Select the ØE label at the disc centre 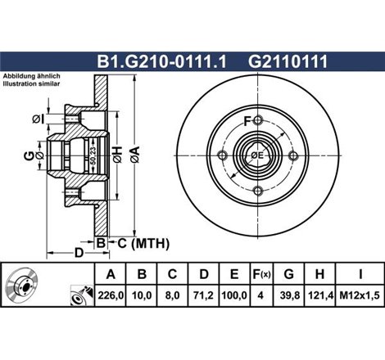click(x=256, y=155)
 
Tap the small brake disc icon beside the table click(x=25, y=290)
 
